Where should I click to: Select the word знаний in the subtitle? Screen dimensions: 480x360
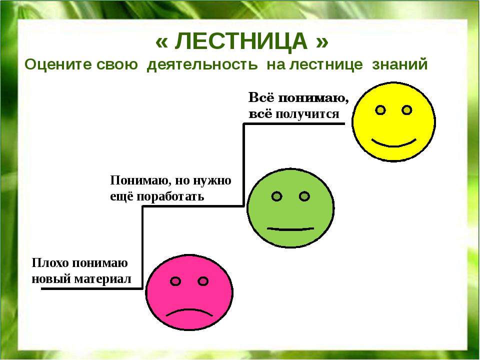click(400, 64)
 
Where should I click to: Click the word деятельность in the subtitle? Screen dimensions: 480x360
click(202, 65)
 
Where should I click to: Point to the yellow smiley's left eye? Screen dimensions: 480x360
click(380, 110)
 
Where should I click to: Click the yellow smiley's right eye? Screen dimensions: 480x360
click(407, 110)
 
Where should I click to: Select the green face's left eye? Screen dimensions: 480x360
click(276, 196)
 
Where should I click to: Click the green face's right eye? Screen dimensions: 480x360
click(304, 196)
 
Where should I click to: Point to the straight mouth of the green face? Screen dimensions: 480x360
click(290, 229)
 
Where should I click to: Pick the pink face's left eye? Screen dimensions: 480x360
click(175, 281)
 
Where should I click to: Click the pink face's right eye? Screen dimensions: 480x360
click(203, 281)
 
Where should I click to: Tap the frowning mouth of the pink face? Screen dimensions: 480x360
click(189, 313)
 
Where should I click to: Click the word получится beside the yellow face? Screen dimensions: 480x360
click(307, 114)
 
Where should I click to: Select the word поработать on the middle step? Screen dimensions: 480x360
click(170, 196)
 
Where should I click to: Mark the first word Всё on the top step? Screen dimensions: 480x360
click(261, 97)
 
